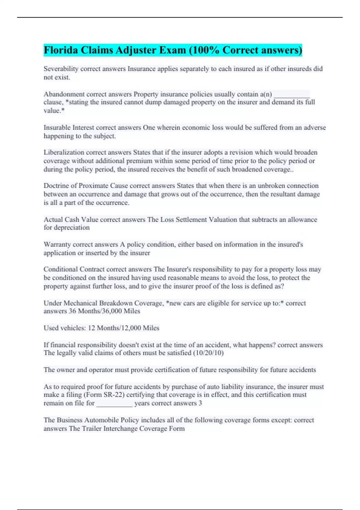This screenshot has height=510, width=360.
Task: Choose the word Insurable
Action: (57, 128)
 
